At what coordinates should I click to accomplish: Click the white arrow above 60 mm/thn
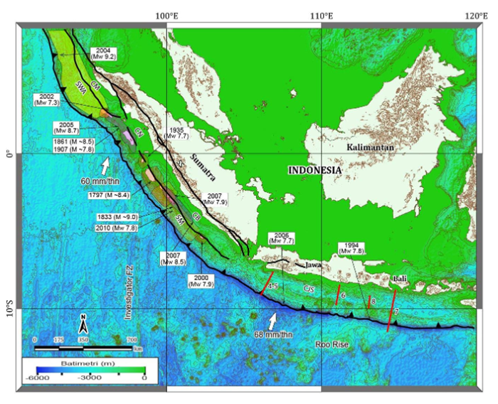105,166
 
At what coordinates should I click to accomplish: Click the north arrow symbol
83,325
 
